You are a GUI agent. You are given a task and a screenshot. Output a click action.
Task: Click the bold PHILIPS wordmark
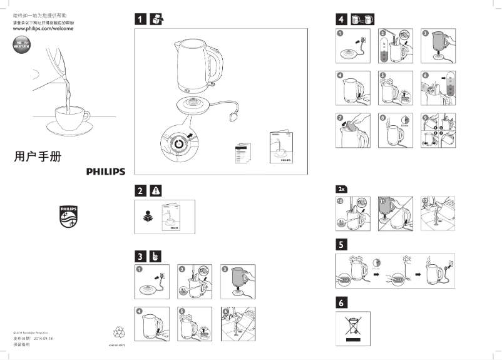105,172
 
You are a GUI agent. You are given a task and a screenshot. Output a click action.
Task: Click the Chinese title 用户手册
38,157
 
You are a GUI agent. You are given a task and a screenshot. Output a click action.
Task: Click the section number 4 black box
342,19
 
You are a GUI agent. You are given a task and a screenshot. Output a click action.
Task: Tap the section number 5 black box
342,244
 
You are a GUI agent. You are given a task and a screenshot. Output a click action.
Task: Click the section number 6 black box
342,302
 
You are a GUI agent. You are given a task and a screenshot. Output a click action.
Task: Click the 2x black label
342,188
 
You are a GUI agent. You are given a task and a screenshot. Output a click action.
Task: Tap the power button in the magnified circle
178,143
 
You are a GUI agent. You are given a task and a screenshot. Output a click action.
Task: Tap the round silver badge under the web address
21,47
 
